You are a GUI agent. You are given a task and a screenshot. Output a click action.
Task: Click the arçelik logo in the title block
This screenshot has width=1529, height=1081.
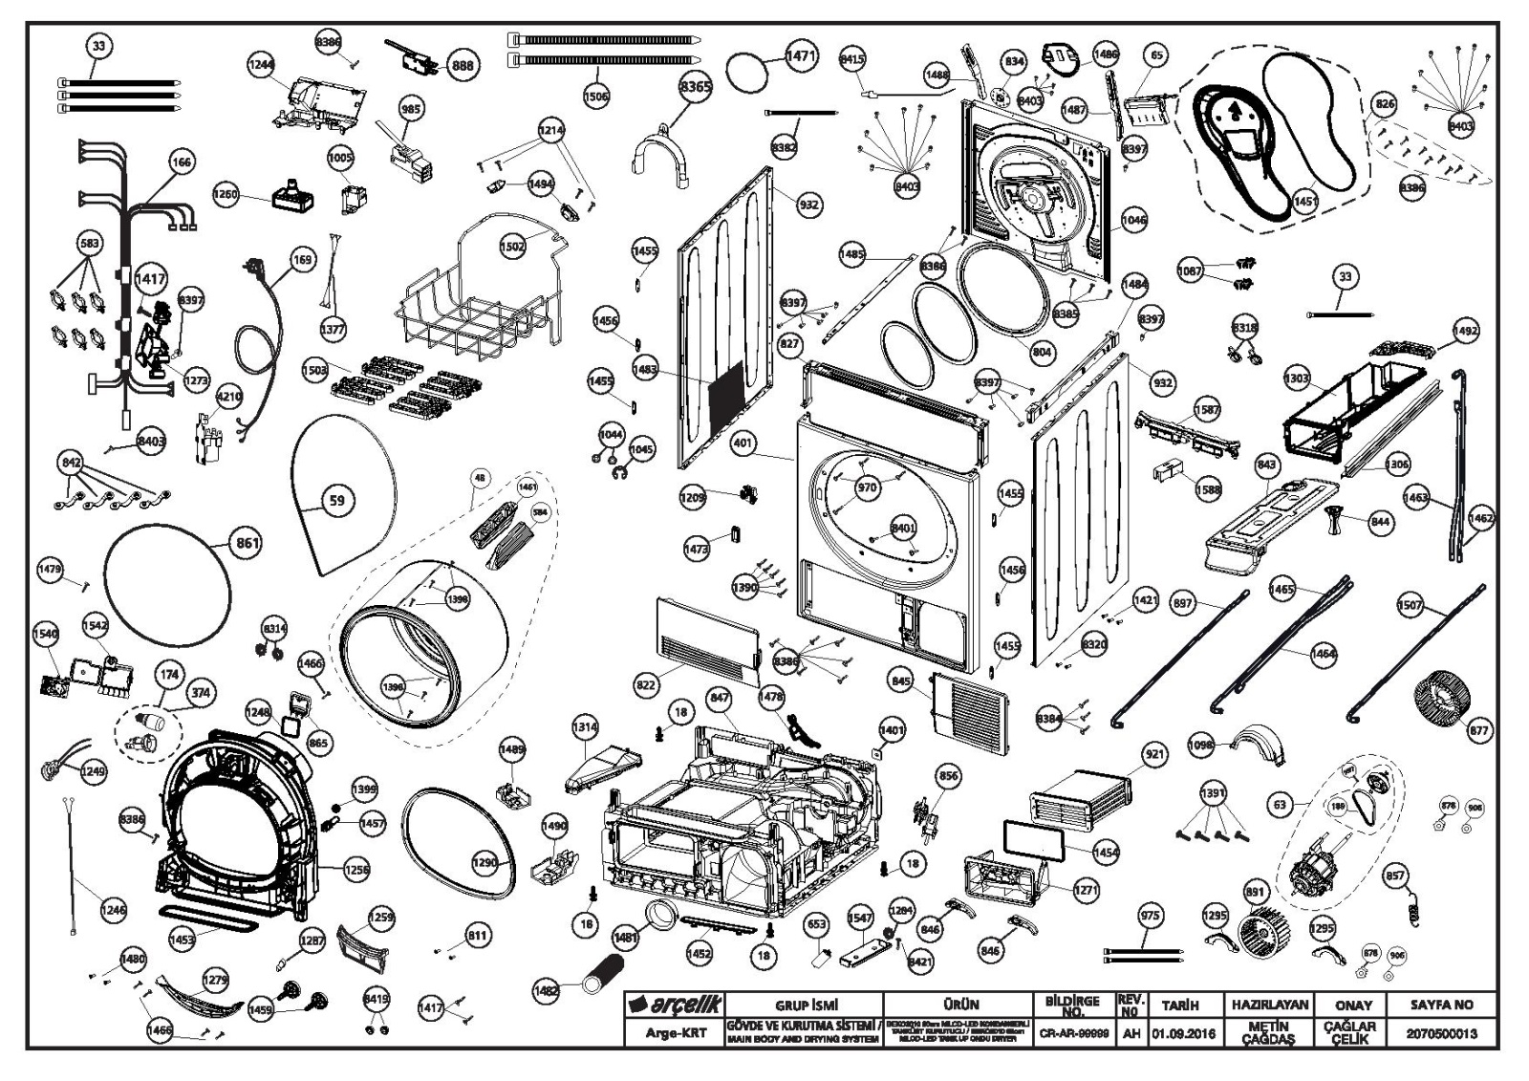(x=675, y=1005)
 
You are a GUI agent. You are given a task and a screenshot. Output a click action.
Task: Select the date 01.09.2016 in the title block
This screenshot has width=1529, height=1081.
(x=1183, y=1033)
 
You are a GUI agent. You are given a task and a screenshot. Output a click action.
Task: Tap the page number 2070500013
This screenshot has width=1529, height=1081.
(x=1441, y=1033)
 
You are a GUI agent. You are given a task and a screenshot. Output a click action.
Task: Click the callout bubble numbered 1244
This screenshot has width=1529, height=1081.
(x=261, y=65)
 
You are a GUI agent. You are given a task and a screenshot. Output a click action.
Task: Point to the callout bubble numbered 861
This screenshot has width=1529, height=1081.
(x=248, y=544)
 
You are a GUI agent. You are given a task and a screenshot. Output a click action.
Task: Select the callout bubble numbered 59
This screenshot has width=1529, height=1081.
(x=336, y=500)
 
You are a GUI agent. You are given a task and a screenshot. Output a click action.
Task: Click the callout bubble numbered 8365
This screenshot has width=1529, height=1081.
(x=695, y=87)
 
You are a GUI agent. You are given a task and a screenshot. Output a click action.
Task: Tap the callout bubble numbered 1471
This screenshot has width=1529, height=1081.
(x=801, y=56)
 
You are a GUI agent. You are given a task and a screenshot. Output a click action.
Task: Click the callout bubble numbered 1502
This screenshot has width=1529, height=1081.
(x=512, y=246)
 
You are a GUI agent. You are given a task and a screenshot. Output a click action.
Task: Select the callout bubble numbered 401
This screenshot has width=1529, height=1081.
(x=743, y=443)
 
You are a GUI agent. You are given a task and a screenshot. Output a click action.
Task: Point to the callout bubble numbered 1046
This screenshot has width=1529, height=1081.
(x=1133, y=220)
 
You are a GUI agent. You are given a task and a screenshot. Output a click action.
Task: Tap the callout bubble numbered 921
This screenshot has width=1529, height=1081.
(x=1155, y=755)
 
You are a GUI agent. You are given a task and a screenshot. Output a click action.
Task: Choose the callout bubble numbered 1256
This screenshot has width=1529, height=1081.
(x=356, y=869)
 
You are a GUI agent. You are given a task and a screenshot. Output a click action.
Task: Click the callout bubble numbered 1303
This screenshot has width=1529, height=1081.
(x=1296, y=378)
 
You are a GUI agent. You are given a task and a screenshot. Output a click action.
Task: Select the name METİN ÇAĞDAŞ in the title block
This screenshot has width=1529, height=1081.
(x=1269, y=1033)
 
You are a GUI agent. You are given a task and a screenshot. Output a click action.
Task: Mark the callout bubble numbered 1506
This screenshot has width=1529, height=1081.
(x=595, y=96)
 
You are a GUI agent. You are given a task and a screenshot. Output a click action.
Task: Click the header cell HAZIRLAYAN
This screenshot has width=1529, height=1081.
(x=1269, y=1005)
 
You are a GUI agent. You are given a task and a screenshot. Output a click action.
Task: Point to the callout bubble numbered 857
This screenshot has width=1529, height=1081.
(x=1395, y=875)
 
